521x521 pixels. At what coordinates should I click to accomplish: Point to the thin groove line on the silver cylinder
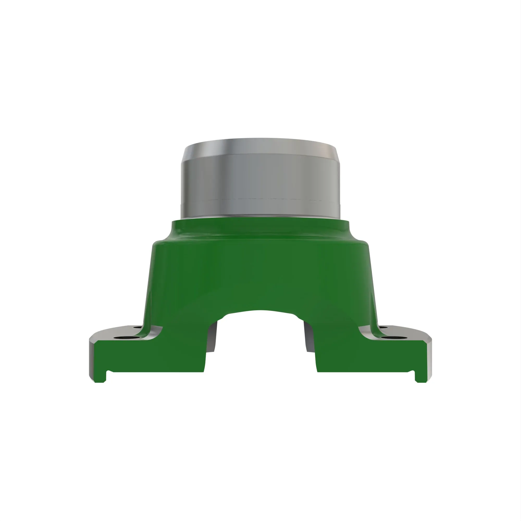click(260, 200)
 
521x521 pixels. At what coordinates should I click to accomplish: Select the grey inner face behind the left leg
click(213, 337)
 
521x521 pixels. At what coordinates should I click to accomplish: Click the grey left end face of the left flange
click(92, 359)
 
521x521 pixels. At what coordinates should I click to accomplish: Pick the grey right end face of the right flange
click(430, 359)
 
